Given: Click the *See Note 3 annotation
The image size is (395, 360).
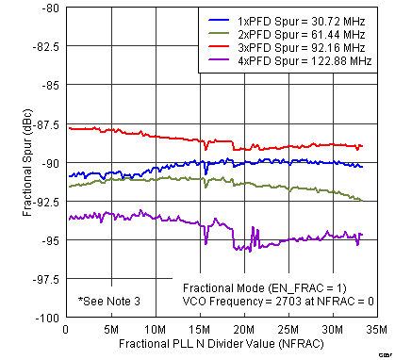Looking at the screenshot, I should tap(109, 301).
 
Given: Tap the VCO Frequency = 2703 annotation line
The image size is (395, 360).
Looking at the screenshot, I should tap(278, 301).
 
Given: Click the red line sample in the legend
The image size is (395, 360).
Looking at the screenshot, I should tap(220, 50).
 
